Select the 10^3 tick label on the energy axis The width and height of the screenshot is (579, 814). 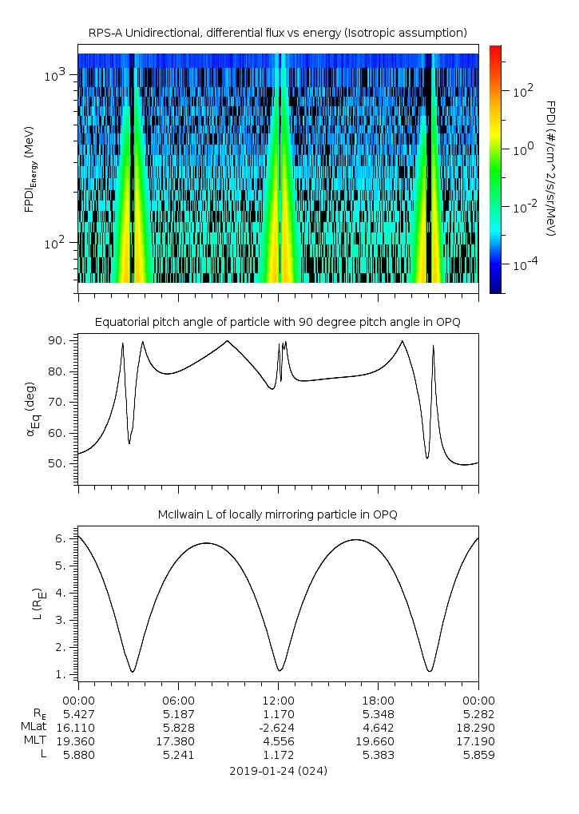pyautogui.click(x=55, y=76)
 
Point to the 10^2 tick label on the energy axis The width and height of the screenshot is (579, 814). pyautogui.click(x=55, y=243)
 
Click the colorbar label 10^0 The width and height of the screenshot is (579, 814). pyautogui.click(x=523, y=150)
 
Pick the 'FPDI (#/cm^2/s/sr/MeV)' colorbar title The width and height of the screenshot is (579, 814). pyautogui.click(x=551, y=169)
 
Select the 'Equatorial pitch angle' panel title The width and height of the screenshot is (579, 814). pyautogui.click(x=278, y=323)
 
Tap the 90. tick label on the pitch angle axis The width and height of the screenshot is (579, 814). pyautogui.click(x=57, y=340)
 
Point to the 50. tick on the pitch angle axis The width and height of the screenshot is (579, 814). pyautogui.click(x=57, y=463)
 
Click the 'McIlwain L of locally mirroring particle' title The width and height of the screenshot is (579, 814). pyautogui.click(x=278, y=514)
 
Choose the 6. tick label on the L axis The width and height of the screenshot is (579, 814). pyautogui.click(x=61, y=539)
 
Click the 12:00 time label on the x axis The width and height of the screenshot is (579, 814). pyautogui.click(x=279, y=701)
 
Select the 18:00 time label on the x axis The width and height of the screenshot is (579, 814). pyautogui.click(x=379, y=701)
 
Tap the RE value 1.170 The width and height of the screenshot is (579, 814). pyautogui.click(x=279, y=714)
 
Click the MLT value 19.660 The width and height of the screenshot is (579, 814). pyautogui.click(x=375, y=741)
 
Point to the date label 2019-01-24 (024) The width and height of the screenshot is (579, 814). pyautogui.click(x=278, y=771)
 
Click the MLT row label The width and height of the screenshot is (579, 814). pyautogui.click(x=35, y=741)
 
